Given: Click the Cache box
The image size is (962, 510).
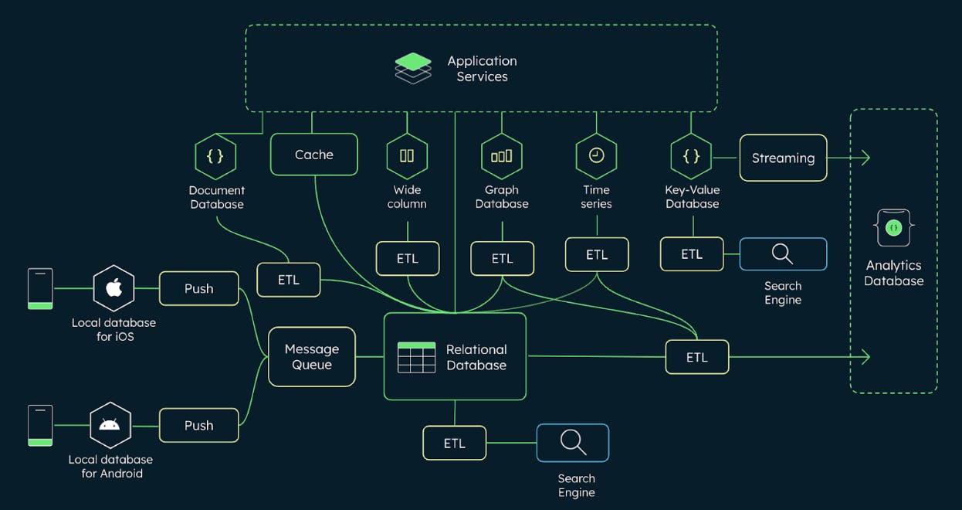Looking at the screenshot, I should (x=313, y=155).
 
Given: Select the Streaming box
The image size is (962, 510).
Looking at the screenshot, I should (x=783, y=158).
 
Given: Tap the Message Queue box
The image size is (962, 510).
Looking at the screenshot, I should (x=312, y=356).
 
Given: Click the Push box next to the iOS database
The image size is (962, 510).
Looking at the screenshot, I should (x=198, y=288).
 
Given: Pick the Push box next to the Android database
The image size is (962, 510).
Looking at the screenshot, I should (x=198, y=425).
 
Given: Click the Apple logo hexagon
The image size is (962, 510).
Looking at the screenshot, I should (x=113, y=288).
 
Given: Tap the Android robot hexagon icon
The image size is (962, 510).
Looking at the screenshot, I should (x=110, y=424).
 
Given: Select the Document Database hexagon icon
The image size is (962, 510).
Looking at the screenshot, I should (x=215, y=156).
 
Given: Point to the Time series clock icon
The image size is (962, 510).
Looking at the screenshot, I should (x=596, y=155).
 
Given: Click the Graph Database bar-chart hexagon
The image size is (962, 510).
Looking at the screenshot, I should (x=502, y=155).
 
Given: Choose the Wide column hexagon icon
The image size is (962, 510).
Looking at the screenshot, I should (x=407, y=155).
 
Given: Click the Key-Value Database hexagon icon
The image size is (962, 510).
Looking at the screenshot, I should (x=692, y=156).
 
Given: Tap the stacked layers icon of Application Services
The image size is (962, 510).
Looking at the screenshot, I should (x=413, y=67).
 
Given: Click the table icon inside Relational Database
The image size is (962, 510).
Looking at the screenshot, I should (x=416, y=357).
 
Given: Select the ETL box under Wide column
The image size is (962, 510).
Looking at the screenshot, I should (x=407, y=258).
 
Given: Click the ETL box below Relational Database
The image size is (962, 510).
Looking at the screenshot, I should (x=455, y=443).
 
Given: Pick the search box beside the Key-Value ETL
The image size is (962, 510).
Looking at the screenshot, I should (x=783, y=254).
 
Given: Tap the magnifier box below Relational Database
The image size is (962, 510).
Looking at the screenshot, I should (x=572, y=443).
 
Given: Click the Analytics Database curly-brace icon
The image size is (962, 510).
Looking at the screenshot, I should (x=893, y=228).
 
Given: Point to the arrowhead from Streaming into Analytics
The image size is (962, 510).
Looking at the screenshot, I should (x=865, y=158).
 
